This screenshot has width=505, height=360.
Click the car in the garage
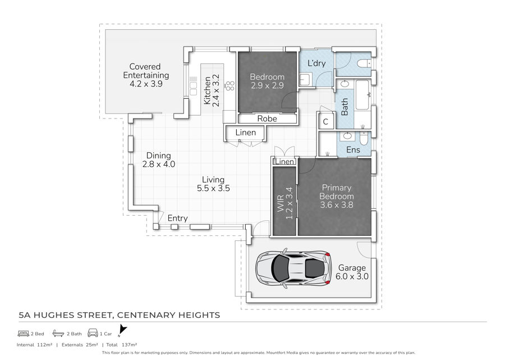coord(293,268)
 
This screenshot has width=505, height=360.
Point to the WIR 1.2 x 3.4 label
coord(285,203)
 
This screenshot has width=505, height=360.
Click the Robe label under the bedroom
coord(267,119)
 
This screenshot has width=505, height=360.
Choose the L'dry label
coord(316,63)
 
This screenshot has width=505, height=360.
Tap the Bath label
coord(345,107)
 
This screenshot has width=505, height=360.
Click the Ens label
coord(353,150)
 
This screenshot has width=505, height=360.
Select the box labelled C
coord(325,121)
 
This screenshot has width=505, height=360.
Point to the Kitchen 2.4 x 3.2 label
coord(212,90)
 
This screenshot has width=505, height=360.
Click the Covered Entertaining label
coord(146,75)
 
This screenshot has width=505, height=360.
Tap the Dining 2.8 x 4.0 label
coord(158,160)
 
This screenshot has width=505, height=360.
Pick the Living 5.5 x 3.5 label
coord(213,184)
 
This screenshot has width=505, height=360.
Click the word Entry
coord(177,218)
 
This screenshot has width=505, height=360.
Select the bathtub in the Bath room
coord(362,95)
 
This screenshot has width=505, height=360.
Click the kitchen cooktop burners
coord(230,86)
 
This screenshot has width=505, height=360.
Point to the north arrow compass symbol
coord(122,331)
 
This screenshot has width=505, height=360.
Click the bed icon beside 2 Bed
coord(24,334)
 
